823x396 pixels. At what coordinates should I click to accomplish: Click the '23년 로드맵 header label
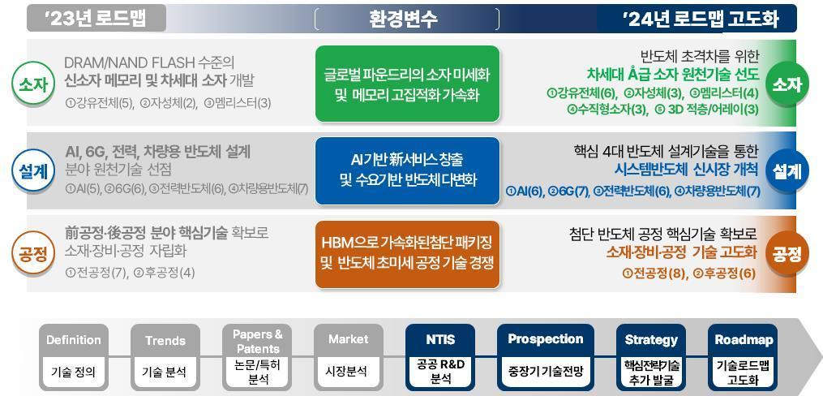[96, 18]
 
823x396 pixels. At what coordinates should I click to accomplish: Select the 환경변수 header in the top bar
[403, 19]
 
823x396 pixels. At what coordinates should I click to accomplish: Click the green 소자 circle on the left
[32, 83]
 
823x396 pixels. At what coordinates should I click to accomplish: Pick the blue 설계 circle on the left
[32, 170]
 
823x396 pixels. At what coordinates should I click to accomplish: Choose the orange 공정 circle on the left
[32, 254]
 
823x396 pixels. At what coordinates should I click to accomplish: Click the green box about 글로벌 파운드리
[407, 84]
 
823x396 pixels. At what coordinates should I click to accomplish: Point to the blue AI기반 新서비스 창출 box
[407, 170]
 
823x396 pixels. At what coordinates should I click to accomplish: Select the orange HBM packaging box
[407, 252]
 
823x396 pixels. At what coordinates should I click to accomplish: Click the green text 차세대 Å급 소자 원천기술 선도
[672, 74]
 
